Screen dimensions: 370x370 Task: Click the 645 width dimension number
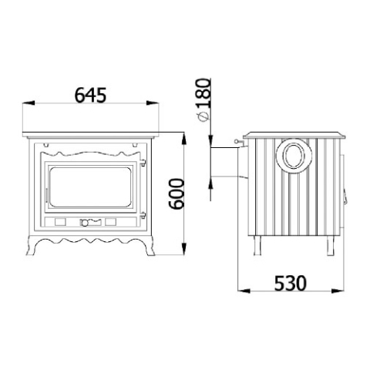tap(90, 95)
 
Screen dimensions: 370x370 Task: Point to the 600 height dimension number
tap(177, 194)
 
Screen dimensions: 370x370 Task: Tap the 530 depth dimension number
tap(291, 283)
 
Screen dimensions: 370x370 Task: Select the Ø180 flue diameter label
tap(203, 100)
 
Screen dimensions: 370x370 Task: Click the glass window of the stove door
tap(90, 187)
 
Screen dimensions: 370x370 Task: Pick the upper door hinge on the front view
tap(143, 163)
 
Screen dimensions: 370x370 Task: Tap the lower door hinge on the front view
tap(143, 215)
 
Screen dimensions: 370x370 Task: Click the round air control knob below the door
tap(85, 223)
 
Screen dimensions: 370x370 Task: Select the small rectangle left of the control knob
tap(60, 222)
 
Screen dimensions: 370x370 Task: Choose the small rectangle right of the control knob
tap(110, 222)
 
